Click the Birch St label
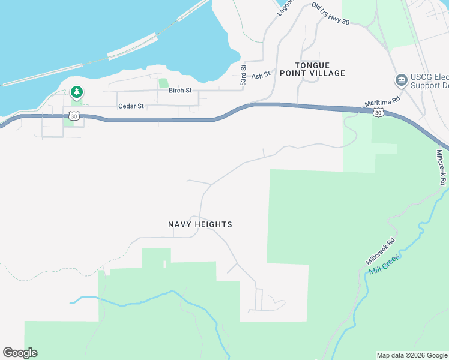[180, 91]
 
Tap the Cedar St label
[131, 106]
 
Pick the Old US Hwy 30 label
[330, 13]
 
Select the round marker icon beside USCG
[400, 80]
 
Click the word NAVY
[181, 224]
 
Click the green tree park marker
[76, 92]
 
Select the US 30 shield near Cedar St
[73, 116]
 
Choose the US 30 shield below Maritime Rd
[378, 112]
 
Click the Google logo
[20, 353]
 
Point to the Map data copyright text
[412, 355]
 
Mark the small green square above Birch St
[163, 83]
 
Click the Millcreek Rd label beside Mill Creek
[381, 253]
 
